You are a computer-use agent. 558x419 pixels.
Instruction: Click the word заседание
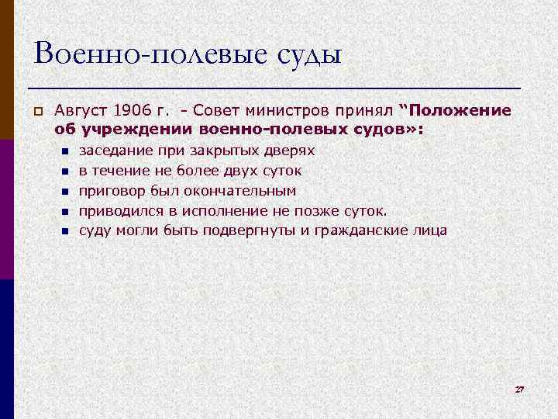[x=115, y=151]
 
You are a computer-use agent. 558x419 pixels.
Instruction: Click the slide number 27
[x=519, y=388]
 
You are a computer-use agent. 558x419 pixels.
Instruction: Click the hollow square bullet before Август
[x=36, y=111]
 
